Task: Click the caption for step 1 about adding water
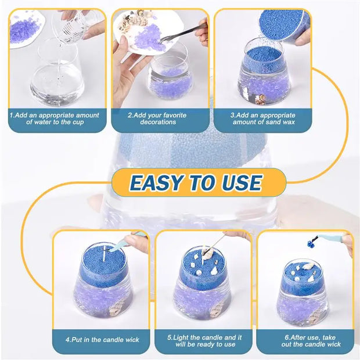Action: (x=55, y=118)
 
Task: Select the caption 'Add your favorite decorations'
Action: (x=158, y=118)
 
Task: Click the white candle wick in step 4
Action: (x=103, y=254)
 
